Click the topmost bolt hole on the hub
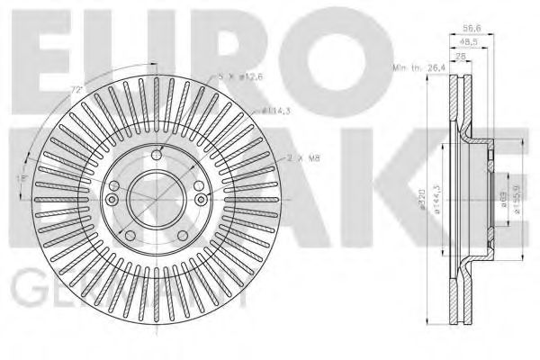(x=157, y=150)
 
